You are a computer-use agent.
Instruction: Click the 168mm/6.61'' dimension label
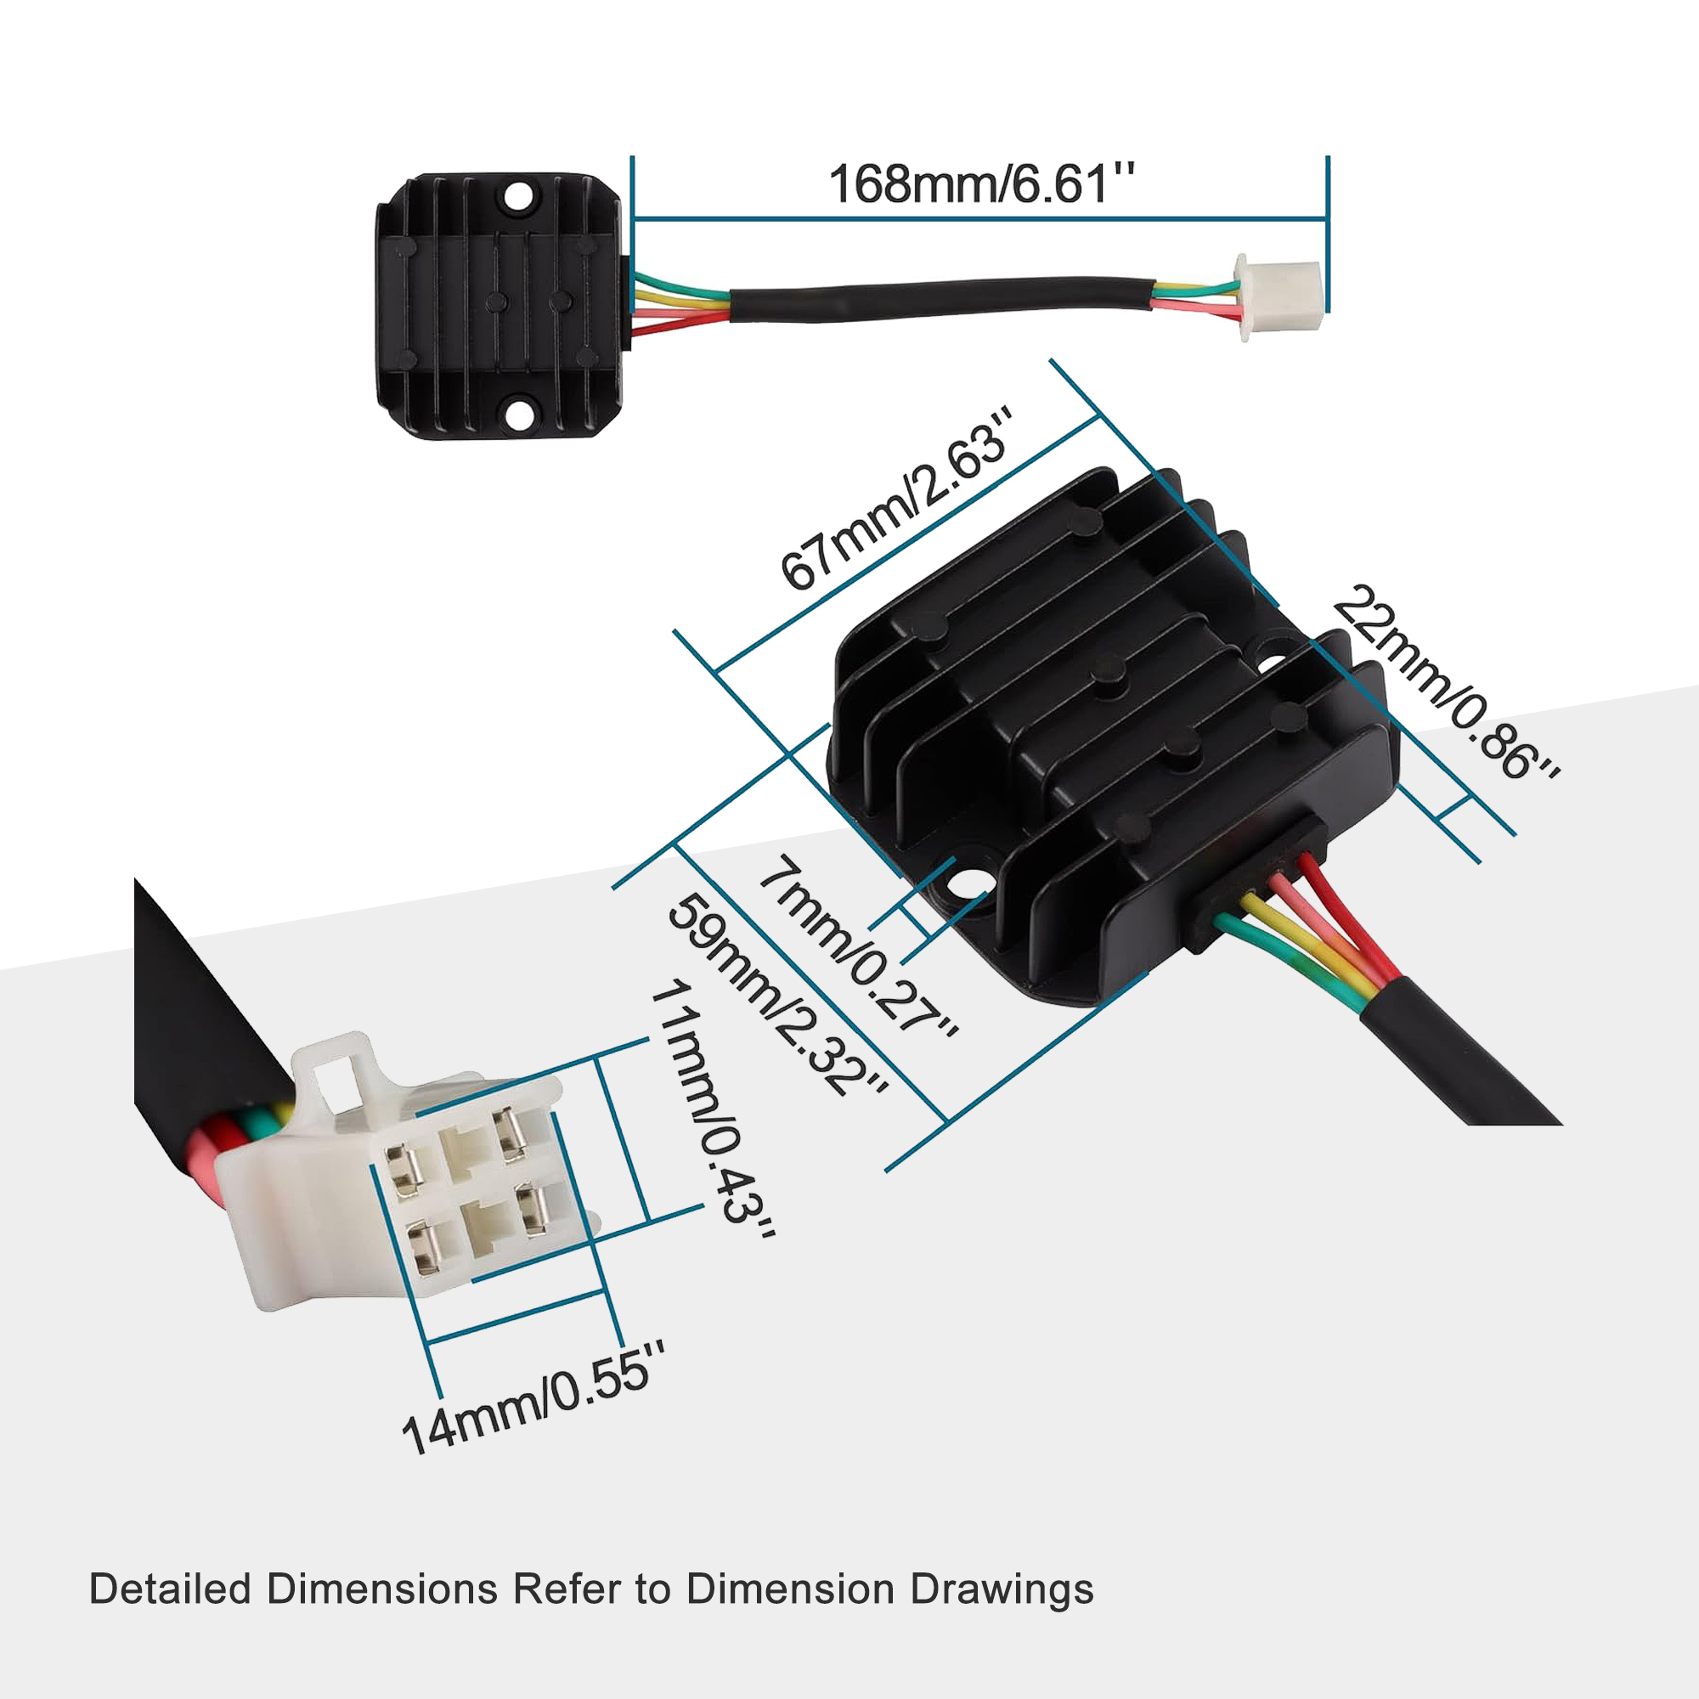click(x=981, y=184)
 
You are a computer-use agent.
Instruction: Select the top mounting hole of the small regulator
click(x=518, y=196)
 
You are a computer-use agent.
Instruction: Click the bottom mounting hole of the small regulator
click(x=518, y=415)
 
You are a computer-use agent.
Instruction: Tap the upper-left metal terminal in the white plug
click(x=406, y=1171)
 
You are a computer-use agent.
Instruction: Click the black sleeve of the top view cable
click(x=941, y=300)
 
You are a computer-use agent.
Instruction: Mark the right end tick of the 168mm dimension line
click(x=1327, y=234)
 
